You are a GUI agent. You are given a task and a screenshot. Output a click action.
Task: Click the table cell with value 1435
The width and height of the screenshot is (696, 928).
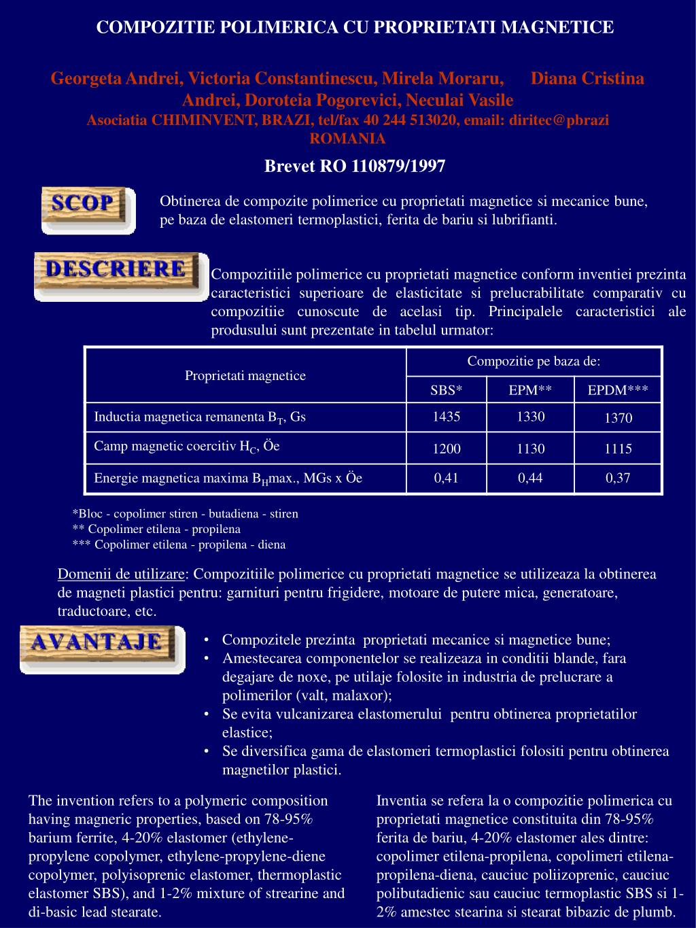447,417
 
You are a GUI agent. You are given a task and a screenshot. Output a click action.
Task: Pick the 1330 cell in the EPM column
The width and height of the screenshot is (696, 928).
530,417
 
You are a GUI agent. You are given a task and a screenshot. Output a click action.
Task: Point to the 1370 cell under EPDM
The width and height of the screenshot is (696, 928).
619,418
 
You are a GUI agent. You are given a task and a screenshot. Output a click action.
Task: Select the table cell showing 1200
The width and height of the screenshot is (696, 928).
447,449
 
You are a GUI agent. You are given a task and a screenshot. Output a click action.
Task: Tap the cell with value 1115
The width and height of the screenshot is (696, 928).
619,449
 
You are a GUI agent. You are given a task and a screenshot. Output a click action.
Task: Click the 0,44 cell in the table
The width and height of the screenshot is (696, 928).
530,478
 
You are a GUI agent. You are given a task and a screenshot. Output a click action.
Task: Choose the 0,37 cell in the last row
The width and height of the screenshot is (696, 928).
619,478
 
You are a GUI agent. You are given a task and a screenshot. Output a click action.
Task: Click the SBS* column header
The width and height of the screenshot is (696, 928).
447,390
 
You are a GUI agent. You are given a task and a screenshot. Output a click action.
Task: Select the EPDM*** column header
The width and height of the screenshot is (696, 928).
619,390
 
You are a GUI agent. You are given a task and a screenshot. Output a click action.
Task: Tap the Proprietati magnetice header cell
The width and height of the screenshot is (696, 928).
245,375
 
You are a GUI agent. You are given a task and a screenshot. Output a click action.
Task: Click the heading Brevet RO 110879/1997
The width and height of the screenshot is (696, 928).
355,166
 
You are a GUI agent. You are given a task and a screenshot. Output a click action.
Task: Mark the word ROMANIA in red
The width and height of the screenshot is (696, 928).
347,139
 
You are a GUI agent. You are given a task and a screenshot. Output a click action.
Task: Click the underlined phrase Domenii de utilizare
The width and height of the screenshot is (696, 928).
121,574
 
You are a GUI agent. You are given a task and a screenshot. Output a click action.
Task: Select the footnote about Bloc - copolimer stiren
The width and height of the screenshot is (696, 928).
185,513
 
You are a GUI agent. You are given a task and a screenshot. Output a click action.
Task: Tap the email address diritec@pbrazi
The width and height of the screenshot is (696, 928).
559,120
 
